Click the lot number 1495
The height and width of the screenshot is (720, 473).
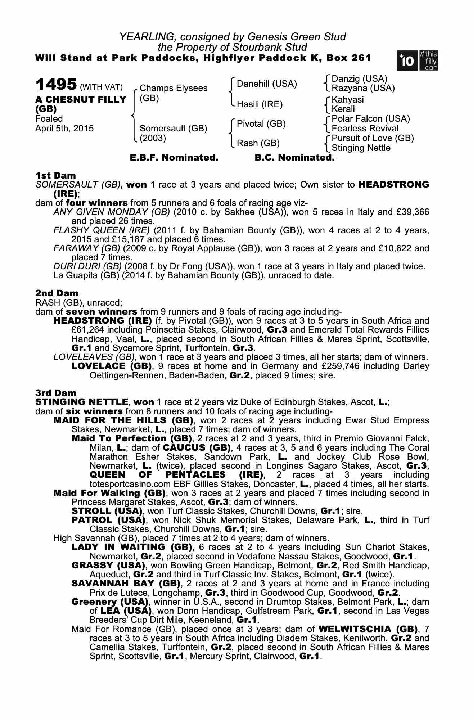(x=56, y=85)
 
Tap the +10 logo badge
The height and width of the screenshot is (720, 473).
(x=407, y=61)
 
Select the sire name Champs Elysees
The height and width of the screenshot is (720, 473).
(x=173, y=88)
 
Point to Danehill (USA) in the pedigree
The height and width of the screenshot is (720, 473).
(x=267, y=84)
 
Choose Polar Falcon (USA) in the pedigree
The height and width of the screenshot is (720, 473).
(x=371, y=119)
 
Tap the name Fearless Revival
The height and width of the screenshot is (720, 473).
(x=365, y=129)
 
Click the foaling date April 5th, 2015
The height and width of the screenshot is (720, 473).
(x=64, y=128)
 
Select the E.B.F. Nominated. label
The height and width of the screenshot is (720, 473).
(x=174, y=158)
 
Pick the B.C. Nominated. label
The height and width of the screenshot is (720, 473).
(x=294, y=158)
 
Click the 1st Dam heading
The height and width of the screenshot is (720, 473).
(x=55, y=176)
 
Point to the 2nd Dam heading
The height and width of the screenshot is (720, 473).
(x=57, y=293)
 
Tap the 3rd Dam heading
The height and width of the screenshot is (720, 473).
(x=56, y=393)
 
